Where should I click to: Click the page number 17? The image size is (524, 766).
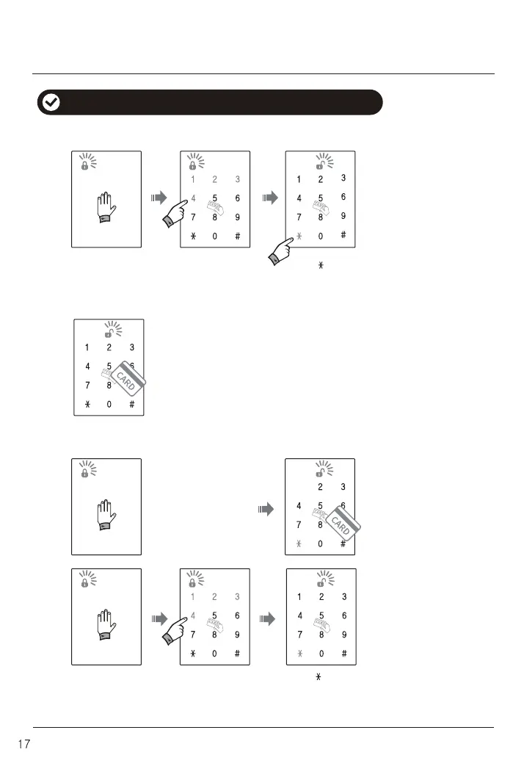(23, 744)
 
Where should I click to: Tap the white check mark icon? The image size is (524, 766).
(50, 103)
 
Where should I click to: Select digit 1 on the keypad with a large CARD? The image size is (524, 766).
(87, 347)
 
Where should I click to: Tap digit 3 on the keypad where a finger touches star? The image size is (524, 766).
(343, 178)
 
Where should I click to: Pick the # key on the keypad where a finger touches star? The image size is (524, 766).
(343, 235)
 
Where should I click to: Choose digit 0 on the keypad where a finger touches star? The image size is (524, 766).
(321, 236)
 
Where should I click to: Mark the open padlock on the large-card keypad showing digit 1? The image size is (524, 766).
(108, 330)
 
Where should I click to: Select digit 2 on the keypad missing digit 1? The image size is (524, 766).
(321, 486)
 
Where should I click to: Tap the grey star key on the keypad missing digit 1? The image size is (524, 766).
(299, 544)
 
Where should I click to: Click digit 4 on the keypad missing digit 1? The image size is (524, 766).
(299, 505)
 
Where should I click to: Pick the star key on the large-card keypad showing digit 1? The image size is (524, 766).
(87, 405)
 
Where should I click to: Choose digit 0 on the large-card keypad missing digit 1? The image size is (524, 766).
(321, 544)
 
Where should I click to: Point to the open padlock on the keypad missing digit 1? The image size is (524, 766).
(320, 471)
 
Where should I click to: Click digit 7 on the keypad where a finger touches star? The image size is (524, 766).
(299, 217)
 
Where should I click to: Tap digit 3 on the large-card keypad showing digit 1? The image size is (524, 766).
(131, 347)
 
